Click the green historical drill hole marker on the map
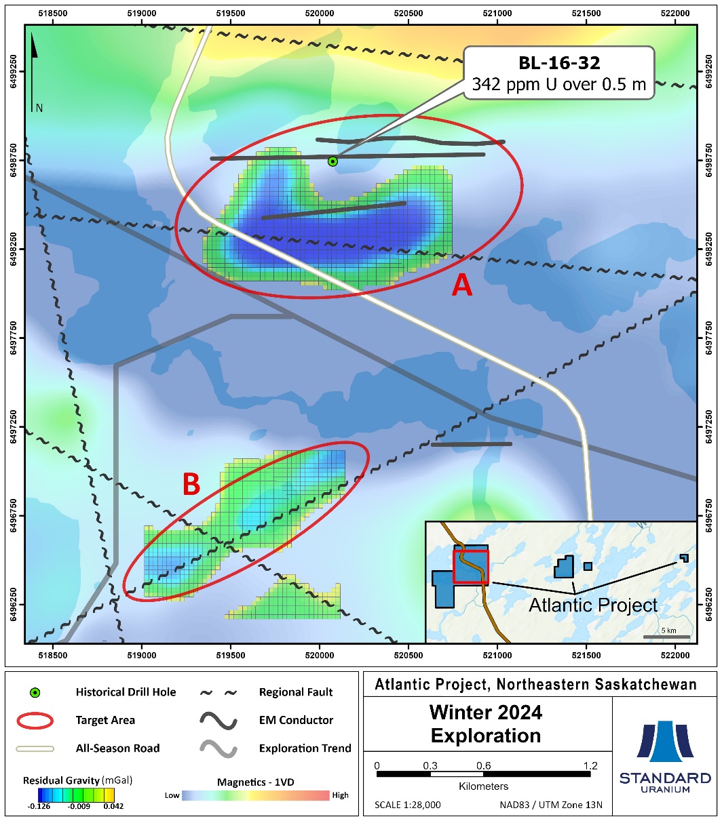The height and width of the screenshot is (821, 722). click(332, 161)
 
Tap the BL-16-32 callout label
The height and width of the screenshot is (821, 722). click(558, 73)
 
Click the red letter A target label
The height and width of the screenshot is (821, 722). click(462, 287)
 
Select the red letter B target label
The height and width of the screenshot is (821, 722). click(191, 484)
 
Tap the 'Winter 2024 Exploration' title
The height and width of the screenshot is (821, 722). click(486, 724)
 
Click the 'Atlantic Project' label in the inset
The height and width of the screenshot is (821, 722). click(593, 604)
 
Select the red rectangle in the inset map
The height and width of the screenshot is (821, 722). click(470, 566)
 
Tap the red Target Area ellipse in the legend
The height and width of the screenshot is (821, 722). click(35, 721)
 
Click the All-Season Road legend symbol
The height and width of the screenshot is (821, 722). click(35, 748)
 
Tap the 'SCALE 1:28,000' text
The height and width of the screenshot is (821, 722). click(408, 805)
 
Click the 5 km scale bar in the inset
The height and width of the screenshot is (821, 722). click(666, 637)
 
